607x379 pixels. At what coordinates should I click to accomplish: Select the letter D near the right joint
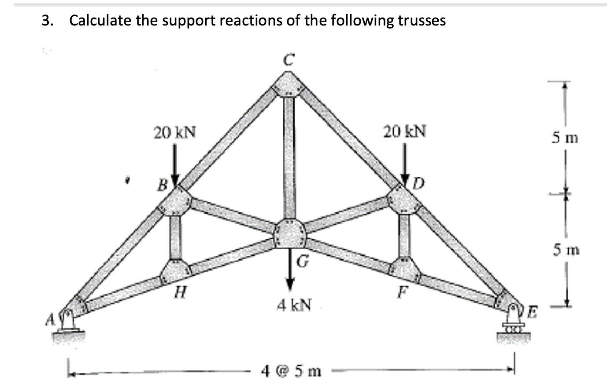click(x=419, y=182)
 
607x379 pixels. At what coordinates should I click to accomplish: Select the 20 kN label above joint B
click(x=175, y=132)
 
